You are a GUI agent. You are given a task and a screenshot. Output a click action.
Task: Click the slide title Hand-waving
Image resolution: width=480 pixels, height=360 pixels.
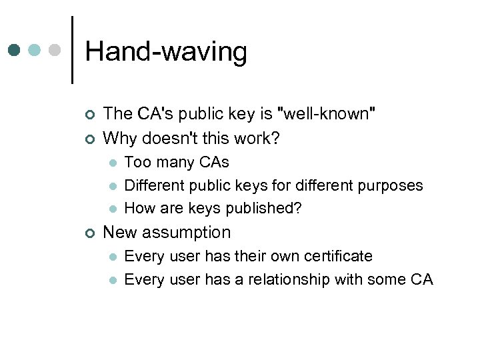166,51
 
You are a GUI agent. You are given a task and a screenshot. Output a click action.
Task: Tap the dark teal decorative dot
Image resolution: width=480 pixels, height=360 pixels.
15,51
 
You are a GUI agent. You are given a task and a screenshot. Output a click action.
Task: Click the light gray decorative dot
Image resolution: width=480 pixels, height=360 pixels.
56,51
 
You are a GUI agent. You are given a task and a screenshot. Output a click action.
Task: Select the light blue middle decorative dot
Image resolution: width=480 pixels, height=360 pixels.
35,51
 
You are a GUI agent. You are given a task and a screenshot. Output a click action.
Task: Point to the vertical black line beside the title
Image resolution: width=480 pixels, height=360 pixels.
72,50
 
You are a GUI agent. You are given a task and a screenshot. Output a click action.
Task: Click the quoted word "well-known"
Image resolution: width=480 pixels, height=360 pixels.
329,114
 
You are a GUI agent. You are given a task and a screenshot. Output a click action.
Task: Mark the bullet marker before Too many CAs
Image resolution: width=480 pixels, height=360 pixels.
114,163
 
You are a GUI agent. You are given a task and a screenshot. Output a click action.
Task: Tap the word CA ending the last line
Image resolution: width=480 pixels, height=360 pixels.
421,279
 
